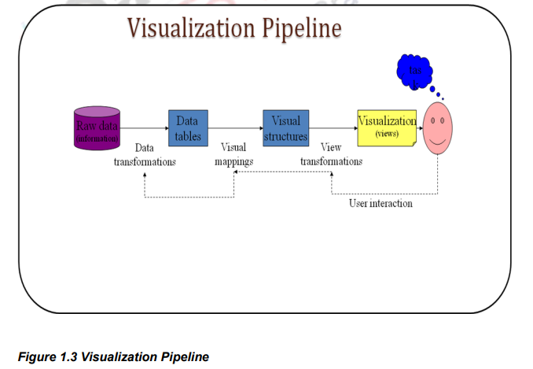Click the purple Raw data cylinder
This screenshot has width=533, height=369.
97,127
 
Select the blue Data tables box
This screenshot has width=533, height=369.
187,127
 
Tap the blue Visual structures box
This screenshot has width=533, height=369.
285,128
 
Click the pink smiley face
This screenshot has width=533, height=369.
438,128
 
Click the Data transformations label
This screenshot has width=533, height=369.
145,154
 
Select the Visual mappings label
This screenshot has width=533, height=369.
233,154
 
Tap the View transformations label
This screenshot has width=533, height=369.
331,154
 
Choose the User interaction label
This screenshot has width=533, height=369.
380,203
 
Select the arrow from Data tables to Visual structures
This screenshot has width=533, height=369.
234,127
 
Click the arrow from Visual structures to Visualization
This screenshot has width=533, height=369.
332,127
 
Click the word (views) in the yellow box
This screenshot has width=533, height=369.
387,134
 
